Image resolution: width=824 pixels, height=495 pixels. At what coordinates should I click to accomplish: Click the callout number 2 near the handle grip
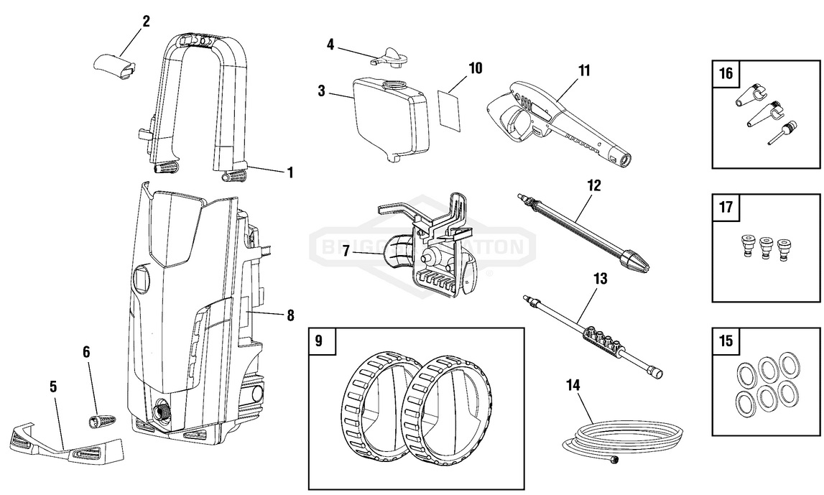pos(146,21)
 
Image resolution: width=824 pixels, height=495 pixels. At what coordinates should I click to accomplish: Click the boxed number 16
pos(726,73)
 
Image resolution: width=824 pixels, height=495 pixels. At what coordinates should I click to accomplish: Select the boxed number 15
pos(726,341)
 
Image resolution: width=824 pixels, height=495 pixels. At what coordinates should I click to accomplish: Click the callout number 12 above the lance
pos(593,185)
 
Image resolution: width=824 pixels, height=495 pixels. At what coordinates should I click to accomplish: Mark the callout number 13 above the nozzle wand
pos(600,278)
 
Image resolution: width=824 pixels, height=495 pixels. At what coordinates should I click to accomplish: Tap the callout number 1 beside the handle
pos(290,172)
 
